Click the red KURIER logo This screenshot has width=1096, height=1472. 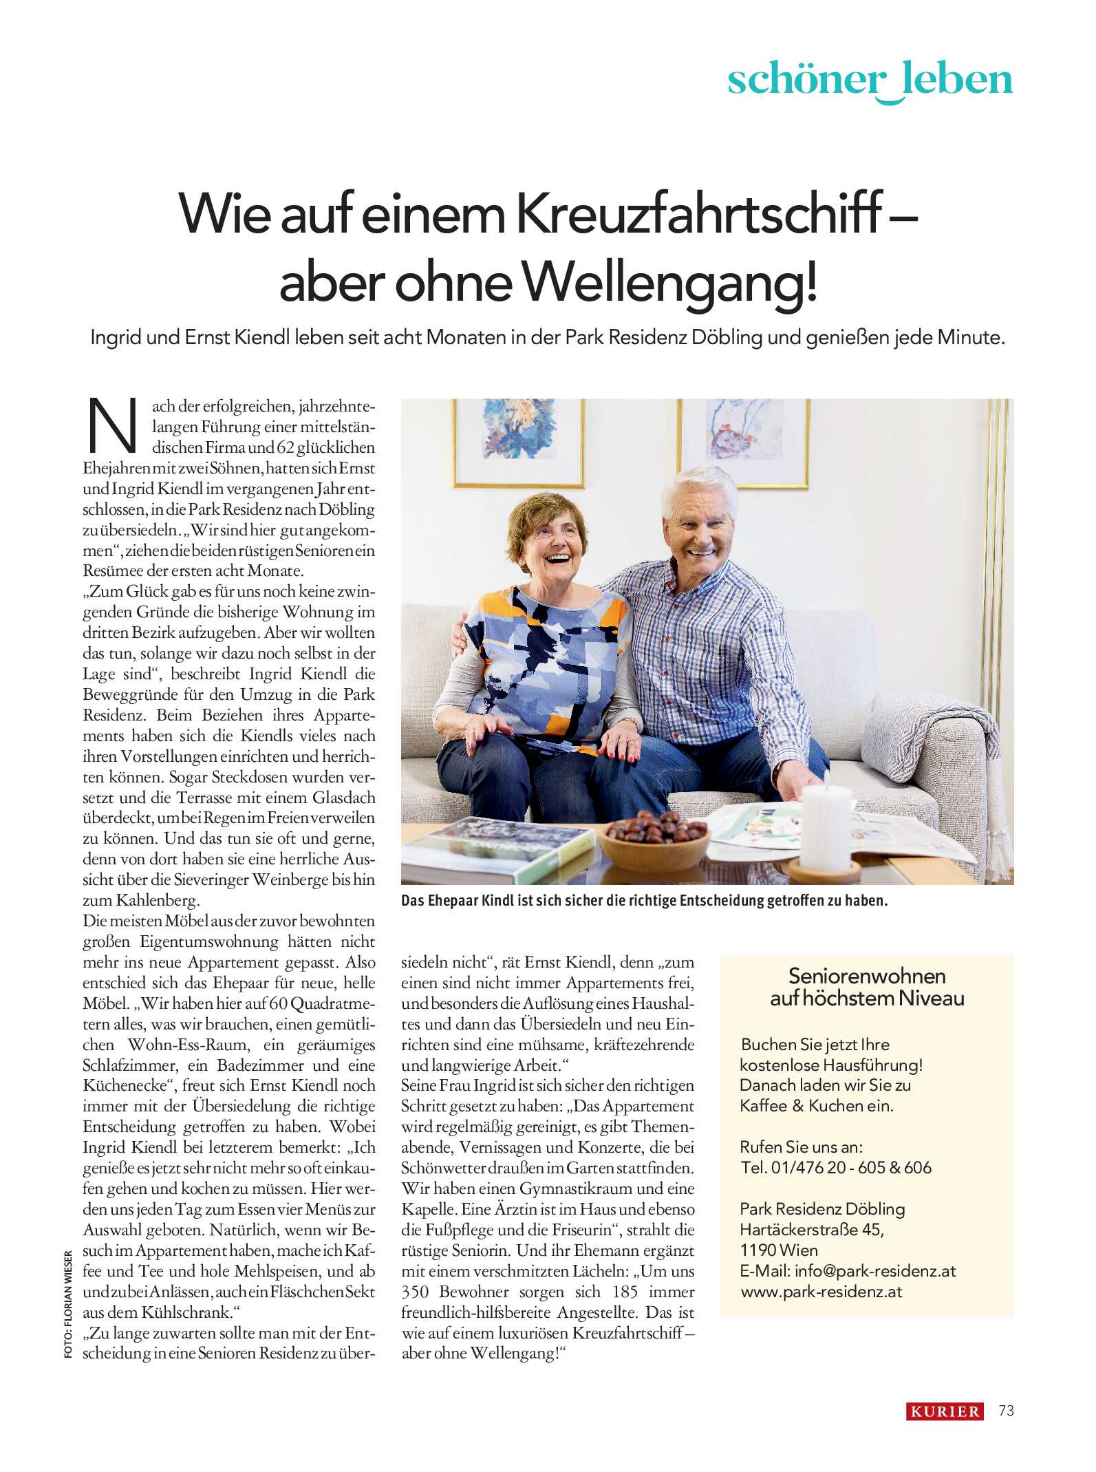945,1411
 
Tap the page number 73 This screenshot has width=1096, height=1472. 1006,1411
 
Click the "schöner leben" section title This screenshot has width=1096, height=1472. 870,80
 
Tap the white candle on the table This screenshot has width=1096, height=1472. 826,829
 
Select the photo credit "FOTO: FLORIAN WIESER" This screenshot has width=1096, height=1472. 68,1304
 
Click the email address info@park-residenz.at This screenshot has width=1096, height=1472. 875,1271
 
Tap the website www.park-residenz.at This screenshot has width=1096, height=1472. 821,1292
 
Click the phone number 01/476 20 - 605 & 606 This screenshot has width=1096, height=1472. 851,1168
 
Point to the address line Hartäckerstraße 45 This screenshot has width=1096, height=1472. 811,1230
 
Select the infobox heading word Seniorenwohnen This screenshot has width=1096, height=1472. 867,976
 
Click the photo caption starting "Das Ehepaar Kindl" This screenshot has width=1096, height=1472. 644,901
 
